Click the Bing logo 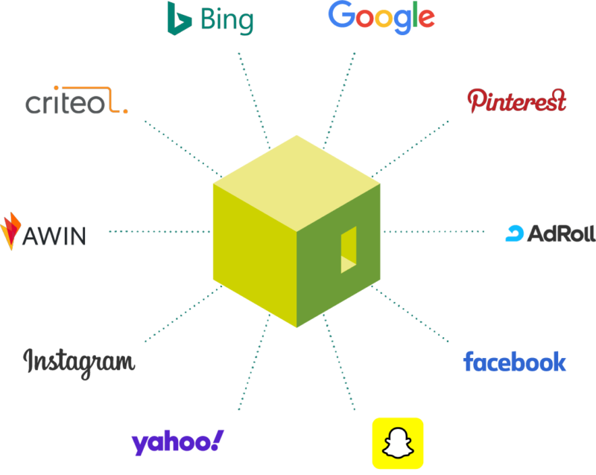tap(210, 19)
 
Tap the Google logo tap(381, 17)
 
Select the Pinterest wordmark tap(516, 101)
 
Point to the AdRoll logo tap(551, 233)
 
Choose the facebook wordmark tap(515, 362)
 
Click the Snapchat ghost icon tap(398, 443)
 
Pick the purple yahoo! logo tap(177, 442)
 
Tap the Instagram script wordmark tap(79, 363)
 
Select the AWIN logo tap(43, 232)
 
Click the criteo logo tap(77, 101)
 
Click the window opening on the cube tap(349, 250)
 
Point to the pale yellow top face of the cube tap(297, 183)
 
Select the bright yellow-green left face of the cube tap(255, 256)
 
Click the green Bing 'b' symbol tap(179, 19)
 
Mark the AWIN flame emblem tap(10, 231)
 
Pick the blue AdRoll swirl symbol tap(515, 233)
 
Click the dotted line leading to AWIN tap(159, 231)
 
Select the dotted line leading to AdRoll tap(434, 231)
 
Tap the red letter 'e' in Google tap(426, 19)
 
